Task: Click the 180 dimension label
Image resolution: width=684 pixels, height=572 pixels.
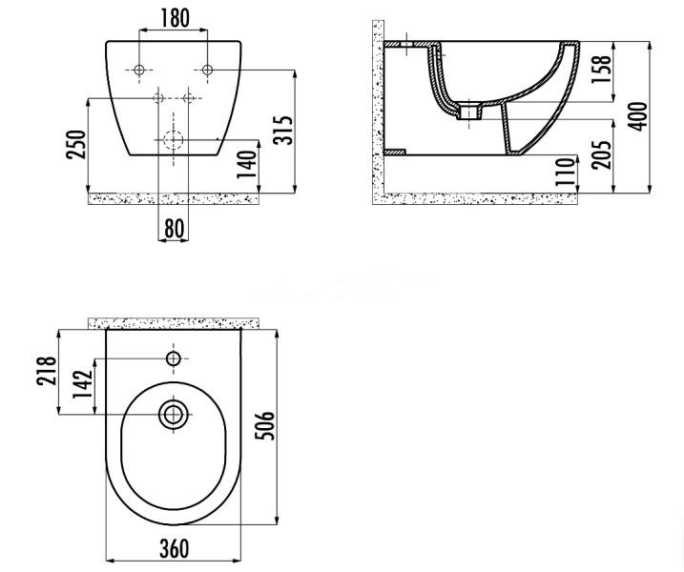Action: (x=175, y=18)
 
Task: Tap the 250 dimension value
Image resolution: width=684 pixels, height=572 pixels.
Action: (x=76, y=144)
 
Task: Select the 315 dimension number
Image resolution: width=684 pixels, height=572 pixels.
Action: (x=282, y=130)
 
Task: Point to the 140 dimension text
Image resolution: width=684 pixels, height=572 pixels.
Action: (x=246, y=164)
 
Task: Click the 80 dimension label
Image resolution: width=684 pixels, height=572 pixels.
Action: (x=174, y=228)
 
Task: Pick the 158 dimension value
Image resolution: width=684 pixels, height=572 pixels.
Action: (x=601, y=71)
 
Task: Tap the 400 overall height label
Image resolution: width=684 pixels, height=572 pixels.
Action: (x=638, y=116)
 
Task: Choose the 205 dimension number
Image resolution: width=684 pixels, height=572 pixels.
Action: (x=601, y=154)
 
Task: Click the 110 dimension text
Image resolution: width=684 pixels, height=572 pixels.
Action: (x=566, y=172)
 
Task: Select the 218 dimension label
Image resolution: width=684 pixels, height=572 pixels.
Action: (x=46, y=371)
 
